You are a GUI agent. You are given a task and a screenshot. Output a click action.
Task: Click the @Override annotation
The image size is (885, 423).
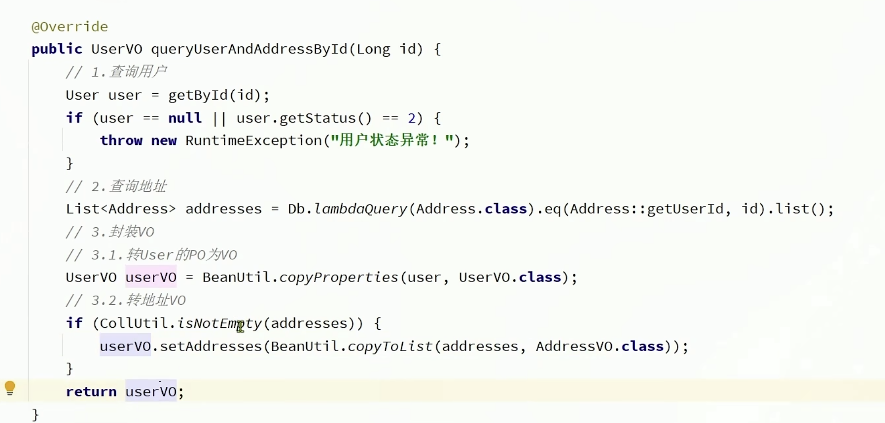point(70,27)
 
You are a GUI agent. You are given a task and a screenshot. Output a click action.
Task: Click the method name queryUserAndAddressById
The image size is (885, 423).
point(249,49)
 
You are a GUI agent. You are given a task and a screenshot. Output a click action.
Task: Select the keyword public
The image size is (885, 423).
point(57,49)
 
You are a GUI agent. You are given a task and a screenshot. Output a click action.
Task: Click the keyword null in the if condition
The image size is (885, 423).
point(185,118)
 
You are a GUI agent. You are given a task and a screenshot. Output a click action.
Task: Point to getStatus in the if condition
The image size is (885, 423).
point(317,118)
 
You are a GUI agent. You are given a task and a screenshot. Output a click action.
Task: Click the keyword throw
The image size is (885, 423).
point(121,141)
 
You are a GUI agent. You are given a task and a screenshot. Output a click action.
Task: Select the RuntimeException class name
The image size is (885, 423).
point(253,141)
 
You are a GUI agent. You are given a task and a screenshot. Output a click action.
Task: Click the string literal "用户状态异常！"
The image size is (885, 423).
point(392,141)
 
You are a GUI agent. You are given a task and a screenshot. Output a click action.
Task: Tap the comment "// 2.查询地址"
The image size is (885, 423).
point(116,186)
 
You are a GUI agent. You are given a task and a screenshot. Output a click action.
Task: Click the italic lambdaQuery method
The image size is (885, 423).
point(360,209)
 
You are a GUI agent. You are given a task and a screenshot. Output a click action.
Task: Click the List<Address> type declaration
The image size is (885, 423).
point(120,209)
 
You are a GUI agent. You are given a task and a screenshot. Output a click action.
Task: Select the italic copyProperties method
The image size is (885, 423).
point(338,278)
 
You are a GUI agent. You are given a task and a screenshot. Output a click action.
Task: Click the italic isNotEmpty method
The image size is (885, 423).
point(219,323)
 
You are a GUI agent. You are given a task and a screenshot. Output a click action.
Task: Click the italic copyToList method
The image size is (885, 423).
point(390,347)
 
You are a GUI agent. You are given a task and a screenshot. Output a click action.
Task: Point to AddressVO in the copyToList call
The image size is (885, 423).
point(574,347)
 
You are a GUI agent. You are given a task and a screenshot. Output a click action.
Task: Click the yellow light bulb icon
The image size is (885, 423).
point(10,388)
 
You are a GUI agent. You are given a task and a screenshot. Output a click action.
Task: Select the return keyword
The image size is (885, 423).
point(91,392)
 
